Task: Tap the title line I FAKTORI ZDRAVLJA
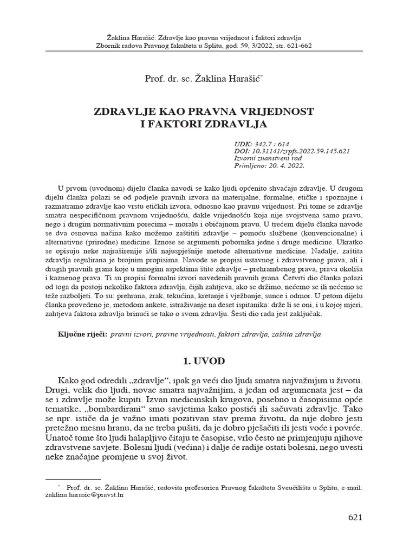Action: click(207, 124)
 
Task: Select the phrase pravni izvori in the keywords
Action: click(131, 334)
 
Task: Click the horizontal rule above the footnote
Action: click(73, 479)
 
